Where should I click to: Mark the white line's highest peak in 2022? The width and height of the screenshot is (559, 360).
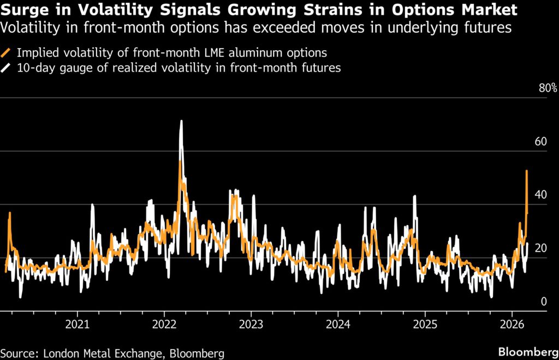click(181, 121)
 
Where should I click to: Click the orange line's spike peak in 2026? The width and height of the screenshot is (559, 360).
click(526, 171)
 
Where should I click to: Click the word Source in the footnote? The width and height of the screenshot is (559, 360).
click(17, 353)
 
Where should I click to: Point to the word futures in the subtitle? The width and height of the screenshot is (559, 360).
click(485, 28)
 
